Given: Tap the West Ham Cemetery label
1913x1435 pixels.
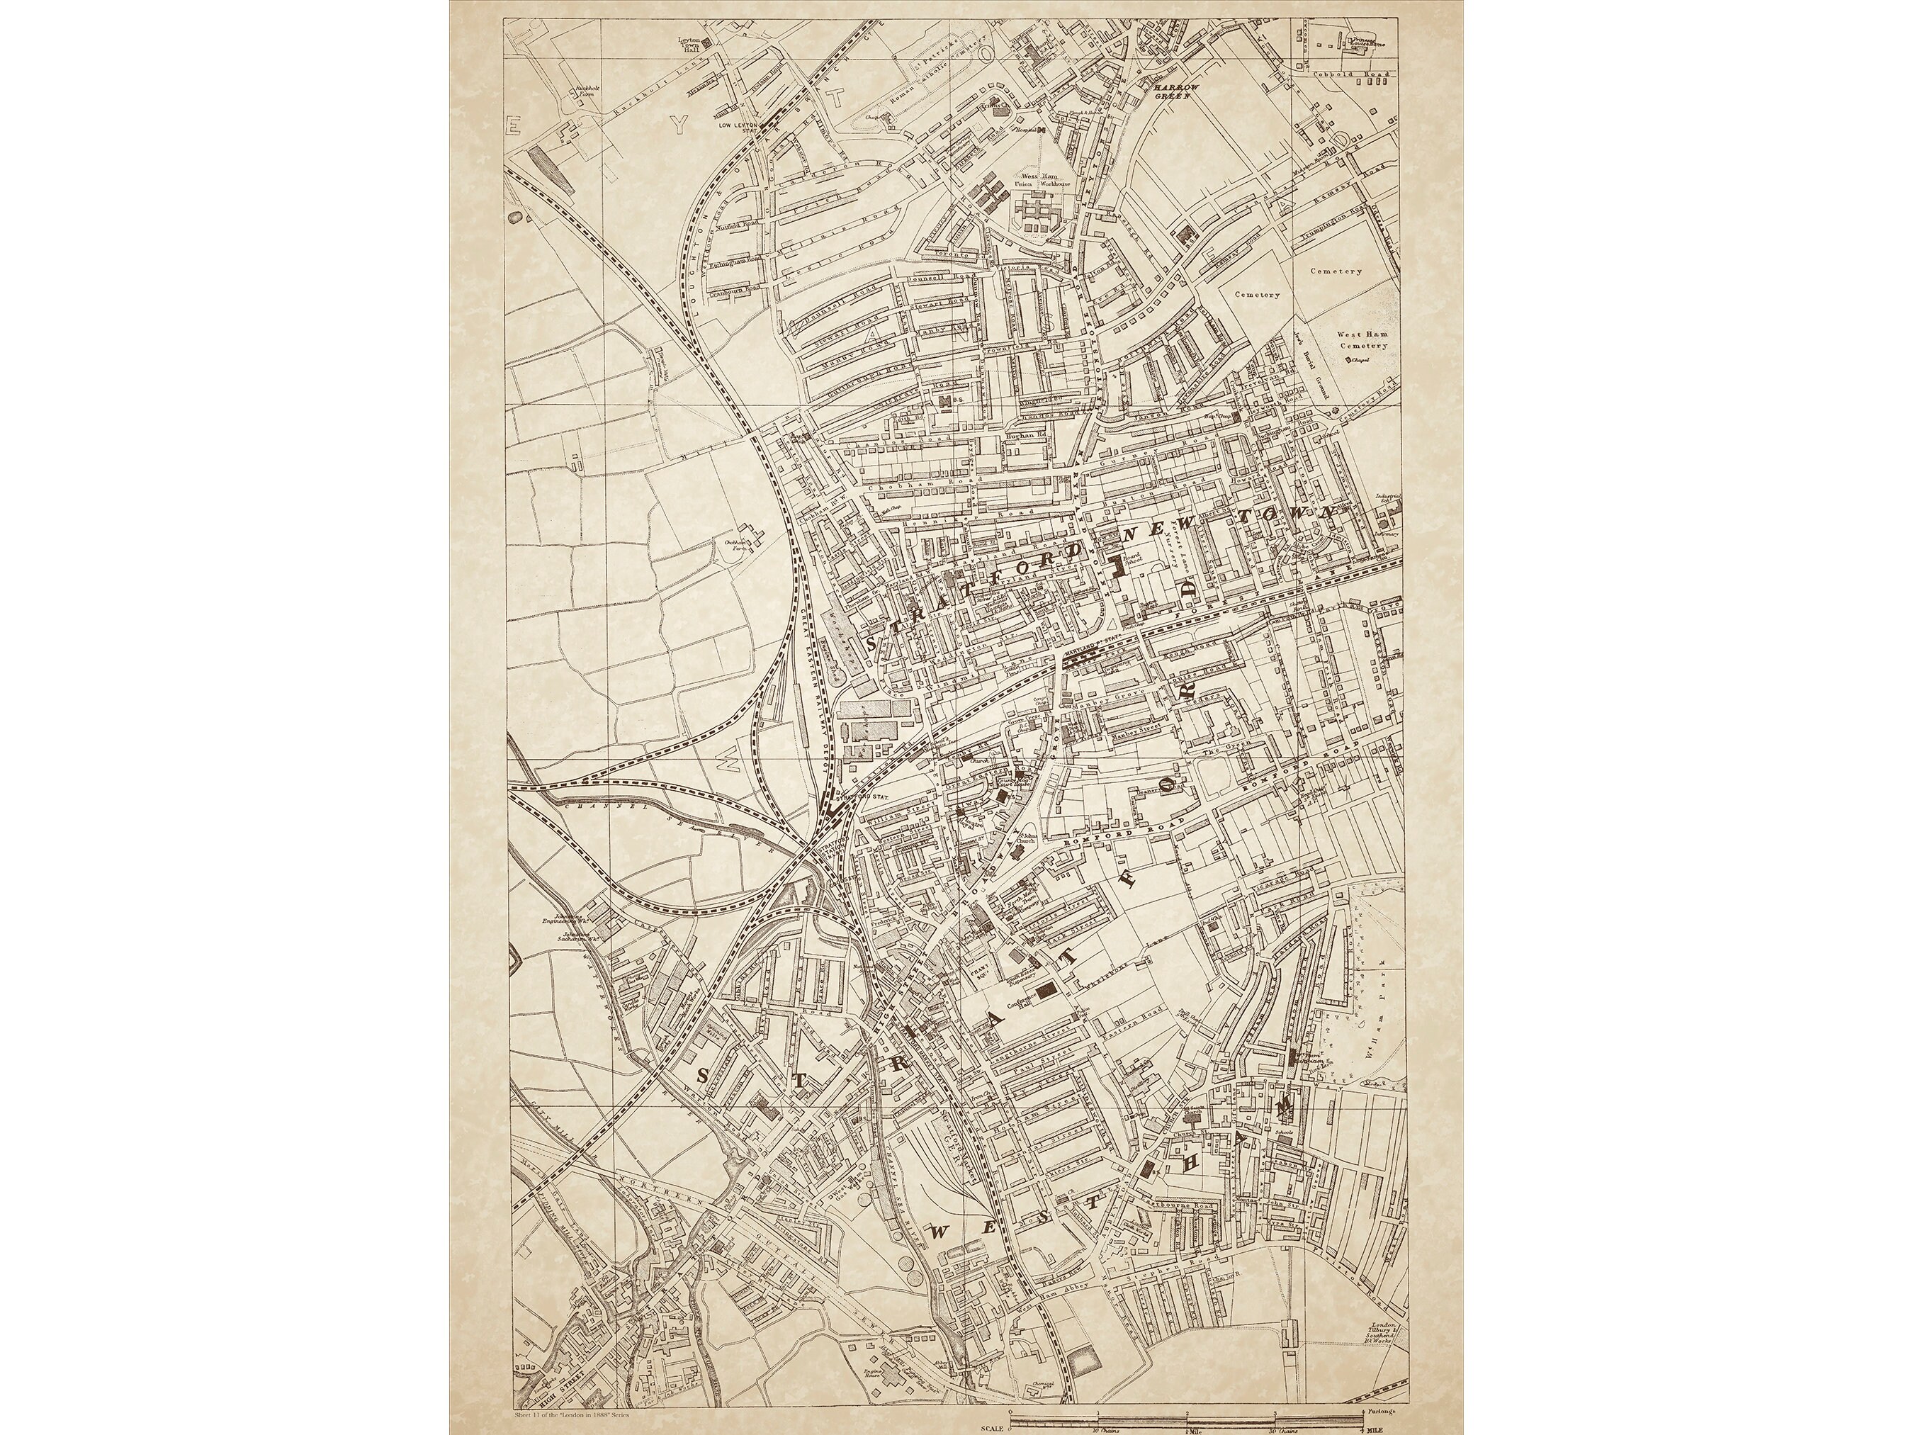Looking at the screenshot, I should (1362, 340).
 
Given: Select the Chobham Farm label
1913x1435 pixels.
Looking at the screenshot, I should (735, 546).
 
